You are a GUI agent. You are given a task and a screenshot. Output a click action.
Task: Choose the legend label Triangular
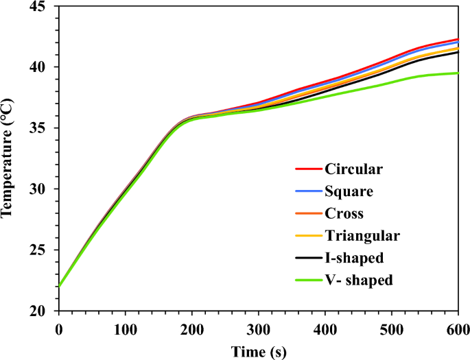pos(362,236)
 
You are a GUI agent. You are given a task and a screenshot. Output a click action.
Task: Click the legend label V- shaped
pos(359,280)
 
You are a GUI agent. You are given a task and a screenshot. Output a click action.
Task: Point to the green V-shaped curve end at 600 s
pos(458,73)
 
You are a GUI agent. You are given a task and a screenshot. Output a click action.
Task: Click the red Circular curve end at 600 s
pos(458,40)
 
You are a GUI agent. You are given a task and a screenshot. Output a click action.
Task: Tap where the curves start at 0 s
pos(60,286)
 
